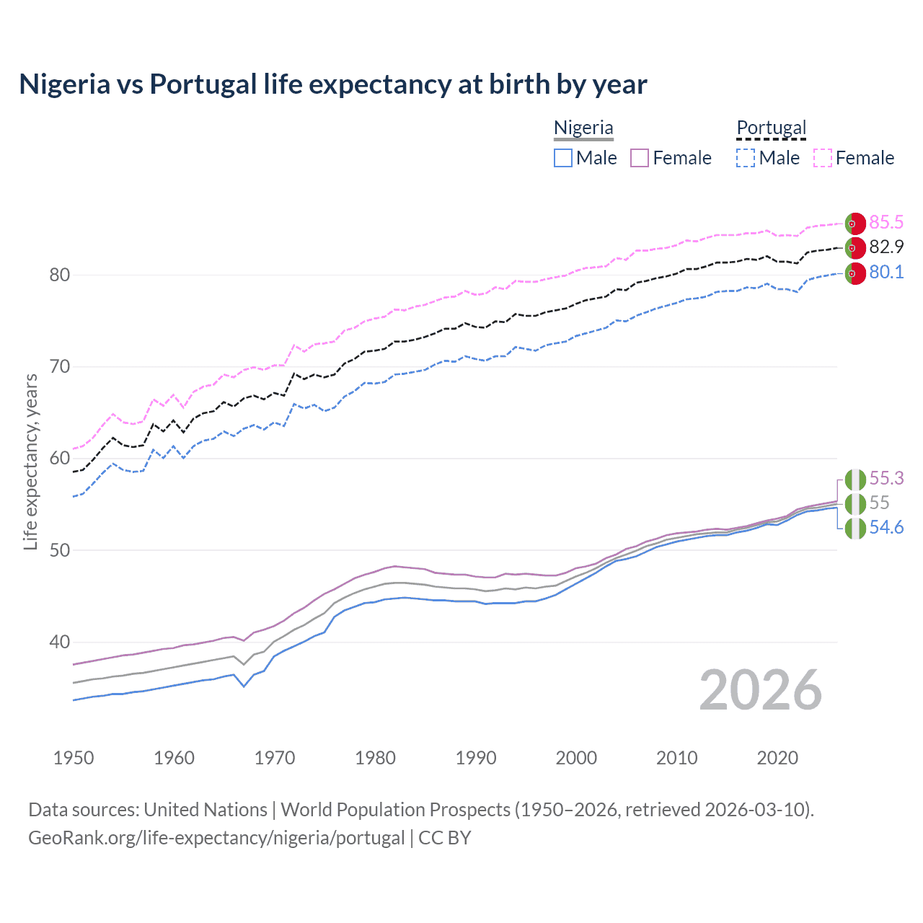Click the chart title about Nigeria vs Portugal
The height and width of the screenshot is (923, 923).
(x=332, y=84)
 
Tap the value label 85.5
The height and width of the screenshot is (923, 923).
(x=886, y=222)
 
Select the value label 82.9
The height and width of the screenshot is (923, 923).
(x=886, y=247)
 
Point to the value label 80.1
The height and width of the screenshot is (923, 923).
(x=886, y=272)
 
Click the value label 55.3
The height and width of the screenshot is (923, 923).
(x=886, y=478)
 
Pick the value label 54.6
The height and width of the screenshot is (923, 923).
(x=886, y=527)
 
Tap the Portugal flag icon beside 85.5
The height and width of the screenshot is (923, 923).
(x=854, y=224)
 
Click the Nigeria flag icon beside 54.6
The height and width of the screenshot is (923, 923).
(x=854, y=529)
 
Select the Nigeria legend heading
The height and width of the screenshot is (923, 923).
(x=583, y=128)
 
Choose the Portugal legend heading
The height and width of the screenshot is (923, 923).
(x=771, y=128)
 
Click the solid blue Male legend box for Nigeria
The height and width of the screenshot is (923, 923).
(x=563, y=158)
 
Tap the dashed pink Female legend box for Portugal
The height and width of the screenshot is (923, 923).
(x=823, y=158)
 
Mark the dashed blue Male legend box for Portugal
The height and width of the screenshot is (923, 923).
(x=746, y=158)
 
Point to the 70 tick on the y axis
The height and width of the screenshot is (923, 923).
(x=60, y=366)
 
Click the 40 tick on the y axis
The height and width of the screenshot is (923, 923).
(x=60, y=642)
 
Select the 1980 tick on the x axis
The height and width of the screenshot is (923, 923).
(x=375, y=758)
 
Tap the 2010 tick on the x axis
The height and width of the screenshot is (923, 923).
(x=676, y=758)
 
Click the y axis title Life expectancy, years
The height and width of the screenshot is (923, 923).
(x=30, y=461)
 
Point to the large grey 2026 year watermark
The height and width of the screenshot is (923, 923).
(x=760, y=690)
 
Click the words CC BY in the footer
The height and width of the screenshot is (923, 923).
(x=444, y=838)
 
